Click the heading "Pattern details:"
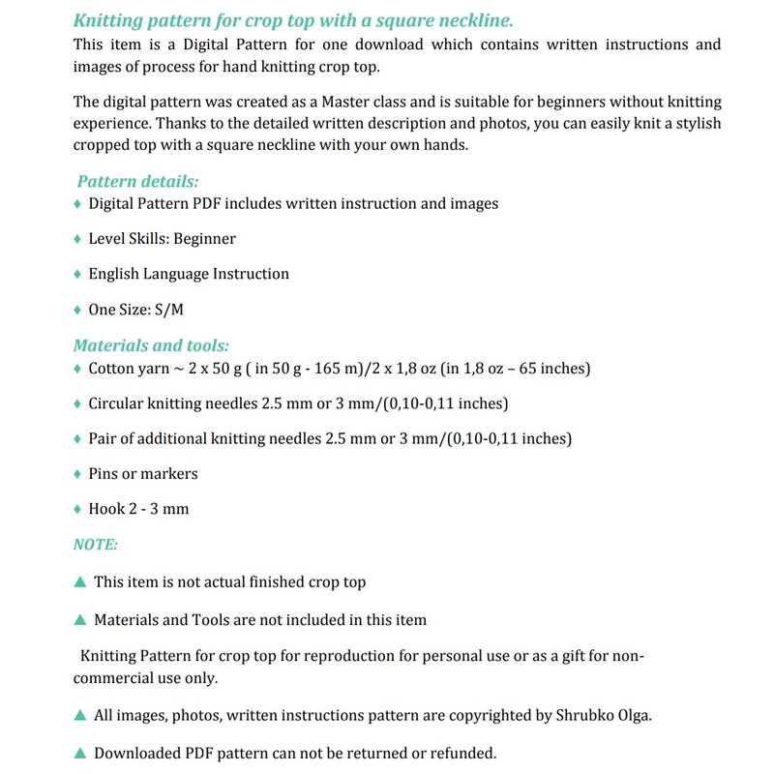137,182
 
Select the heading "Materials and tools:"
151,345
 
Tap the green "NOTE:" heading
96,545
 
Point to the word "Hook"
106,509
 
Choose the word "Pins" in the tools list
103,474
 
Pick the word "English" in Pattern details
114,274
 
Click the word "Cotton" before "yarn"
112,369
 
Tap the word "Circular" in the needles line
118,403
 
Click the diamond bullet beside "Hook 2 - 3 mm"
77,509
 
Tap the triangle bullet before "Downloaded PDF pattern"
80,753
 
